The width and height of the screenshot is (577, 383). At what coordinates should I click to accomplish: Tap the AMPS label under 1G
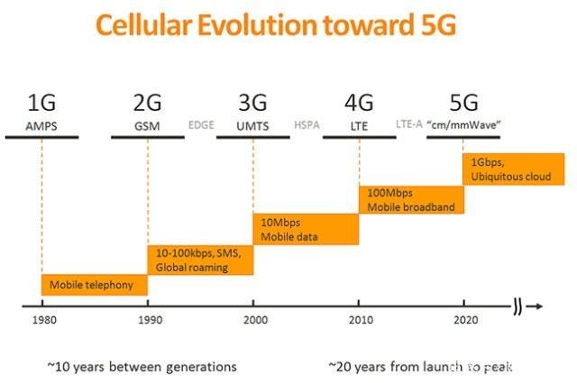pos(41,126)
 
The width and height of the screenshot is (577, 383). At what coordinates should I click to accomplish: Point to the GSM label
pos(147,126)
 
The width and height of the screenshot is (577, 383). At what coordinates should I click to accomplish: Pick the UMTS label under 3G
pos(253,126)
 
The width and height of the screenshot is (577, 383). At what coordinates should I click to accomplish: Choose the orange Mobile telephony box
pos(95,285)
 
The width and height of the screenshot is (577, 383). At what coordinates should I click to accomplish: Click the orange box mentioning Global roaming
pos(200,260)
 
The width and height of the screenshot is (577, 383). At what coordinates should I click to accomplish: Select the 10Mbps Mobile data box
pos(306,229)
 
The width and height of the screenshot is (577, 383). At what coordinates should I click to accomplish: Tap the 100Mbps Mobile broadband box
pos(411,199)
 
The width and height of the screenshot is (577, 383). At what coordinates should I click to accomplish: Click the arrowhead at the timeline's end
pos(538,306)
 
